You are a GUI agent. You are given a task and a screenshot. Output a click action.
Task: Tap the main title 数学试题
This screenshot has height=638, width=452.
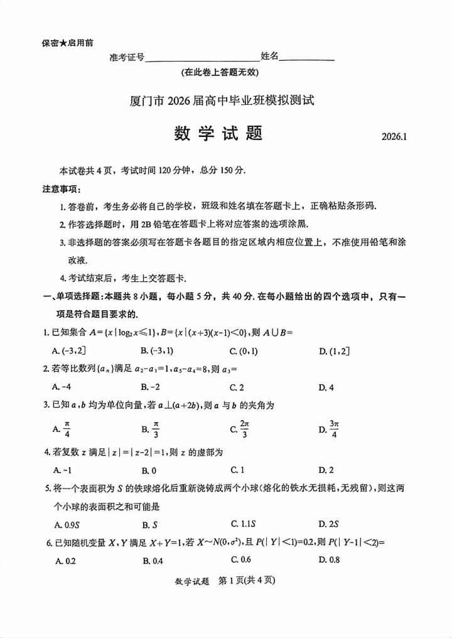217,134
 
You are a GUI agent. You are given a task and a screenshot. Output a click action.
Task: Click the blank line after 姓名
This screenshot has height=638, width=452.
306,58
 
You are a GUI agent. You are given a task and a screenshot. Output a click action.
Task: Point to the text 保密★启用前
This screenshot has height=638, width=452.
67,43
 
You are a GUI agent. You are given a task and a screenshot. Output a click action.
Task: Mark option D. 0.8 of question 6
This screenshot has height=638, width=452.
329,560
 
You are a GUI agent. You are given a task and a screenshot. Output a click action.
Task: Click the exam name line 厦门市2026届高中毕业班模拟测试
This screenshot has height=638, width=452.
221,99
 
